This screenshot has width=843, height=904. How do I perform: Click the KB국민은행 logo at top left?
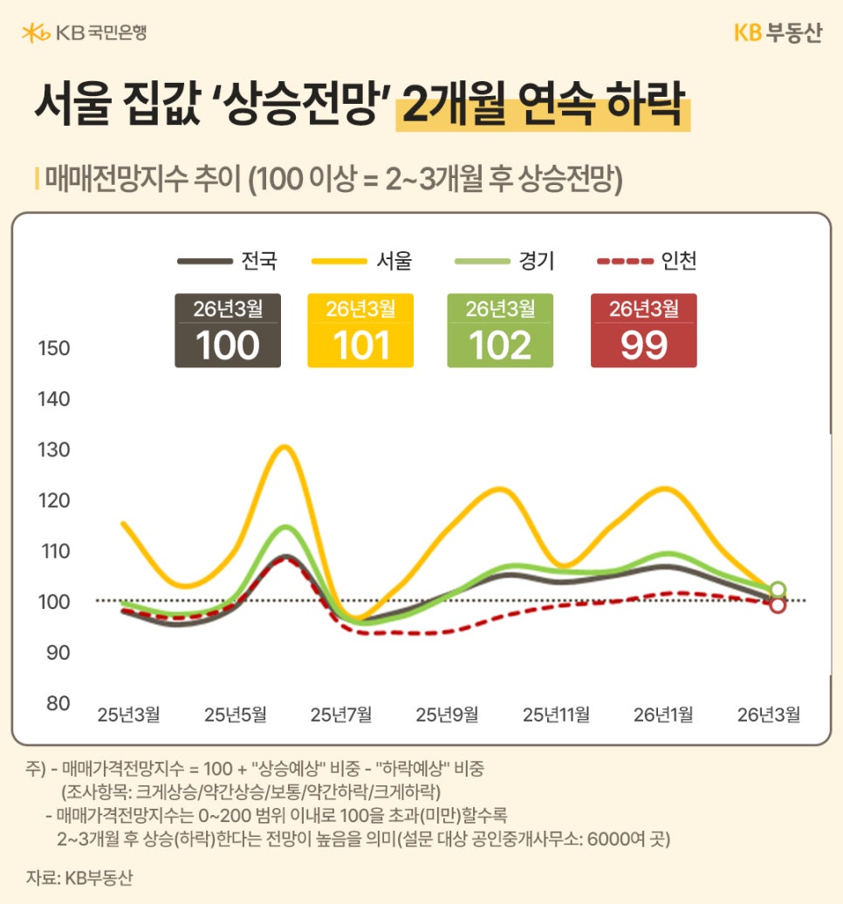tap(84, 33)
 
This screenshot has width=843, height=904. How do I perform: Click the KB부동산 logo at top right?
tap(778, 33)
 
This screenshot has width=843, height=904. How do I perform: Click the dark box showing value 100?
tap(228, 331)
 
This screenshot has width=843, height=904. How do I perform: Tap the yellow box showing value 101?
tap(360, 331)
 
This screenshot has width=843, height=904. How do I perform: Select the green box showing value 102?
tap(500, 331)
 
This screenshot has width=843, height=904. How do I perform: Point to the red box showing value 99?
tap(644, 331)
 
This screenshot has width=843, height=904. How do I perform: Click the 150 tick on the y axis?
tap(54, 349)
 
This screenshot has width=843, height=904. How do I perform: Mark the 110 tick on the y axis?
tap(54, 551)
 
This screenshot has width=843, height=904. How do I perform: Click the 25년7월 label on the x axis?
tap(341, 715)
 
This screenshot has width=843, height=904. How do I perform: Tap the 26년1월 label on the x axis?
tap(663, 715)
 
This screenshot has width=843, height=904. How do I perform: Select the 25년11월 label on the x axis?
tap(556, 715)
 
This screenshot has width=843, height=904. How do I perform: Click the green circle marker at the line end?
tap(778, 590)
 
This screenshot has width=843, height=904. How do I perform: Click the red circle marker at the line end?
tap(778, 605)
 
